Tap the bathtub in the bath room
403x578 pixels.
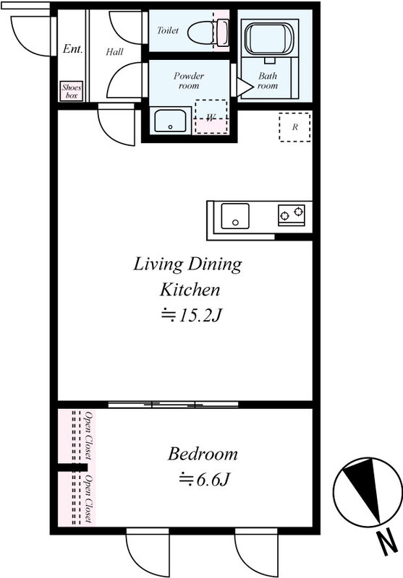(269, 39)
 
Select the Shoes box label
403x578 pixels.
(72, 91)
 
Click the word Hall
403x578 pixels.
(114, 51)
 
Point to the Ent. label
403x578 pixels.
(72, 48)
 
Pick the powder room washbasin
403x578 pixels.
(170, 120)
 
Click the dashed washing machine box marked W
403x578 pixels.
(211, 116)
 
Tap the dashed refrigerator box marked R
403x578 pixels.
(294, 127)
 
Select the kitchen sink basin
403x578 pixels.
(235, 216)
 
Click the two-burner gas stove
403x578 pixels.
(292, 215)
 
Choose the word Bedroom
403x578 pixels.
(203, 454)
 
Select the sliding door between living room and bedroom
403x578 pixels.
(174, 405)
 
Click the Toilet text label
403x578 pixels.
(168, 30)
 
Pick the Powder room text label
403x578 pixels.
(189, 81)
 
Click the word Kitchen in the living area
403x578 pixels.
(190, 290)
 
